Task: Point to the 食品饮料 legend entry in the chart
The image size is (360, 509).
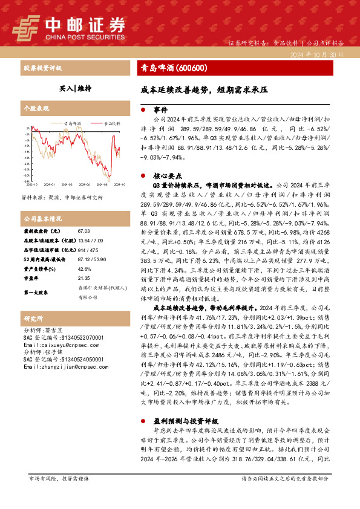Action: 111,123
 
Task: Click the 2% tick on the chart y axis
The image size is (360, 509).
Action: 27,129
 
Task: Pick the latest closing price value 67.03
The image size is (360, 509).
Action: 83,231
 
